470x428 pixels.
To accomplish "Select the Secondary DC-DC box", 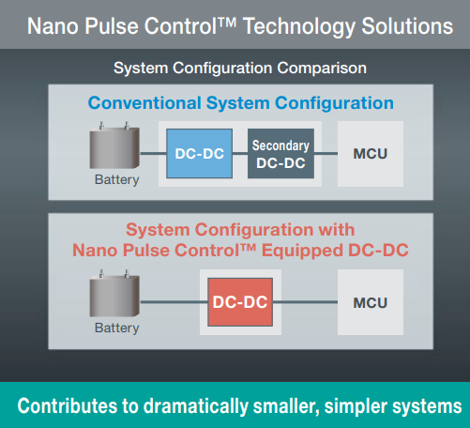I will coord(280,153).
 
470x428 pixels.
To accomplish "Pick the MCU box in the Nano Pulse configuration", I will coord(370,302).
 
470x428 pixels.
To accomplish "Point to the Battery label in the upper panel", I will coord(116,180).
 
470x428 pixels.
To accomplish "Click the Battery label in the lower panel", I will coord(116,329).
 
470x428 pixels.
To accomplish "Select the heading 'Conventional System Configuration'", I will coord(240,102).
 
